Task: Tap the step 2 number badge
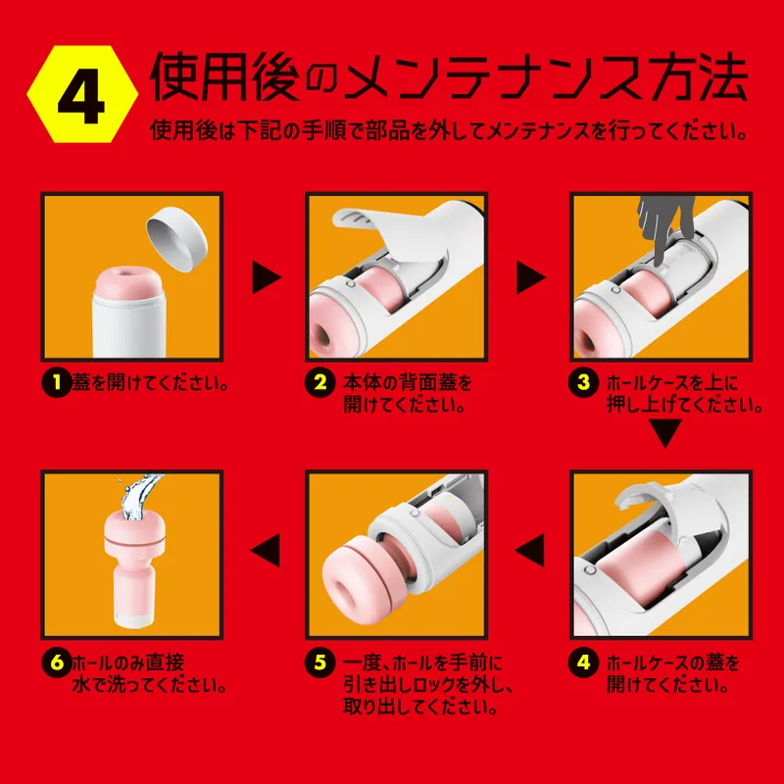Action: pyautogui.click(x=319, y=382)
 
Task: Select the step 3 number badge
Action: pyautogui.click(x=585, y=382)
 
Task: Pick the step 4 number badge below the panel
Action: pyautogui.click(x=585, y=661)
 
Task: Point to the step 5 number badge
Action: pyautogui.click(x=319, y=661)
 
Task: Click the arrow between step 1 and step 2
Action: pyautogui.click(x=266, y=277)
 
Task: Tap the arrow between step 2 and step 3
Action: pyautogui.click(x=530, y=277)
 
